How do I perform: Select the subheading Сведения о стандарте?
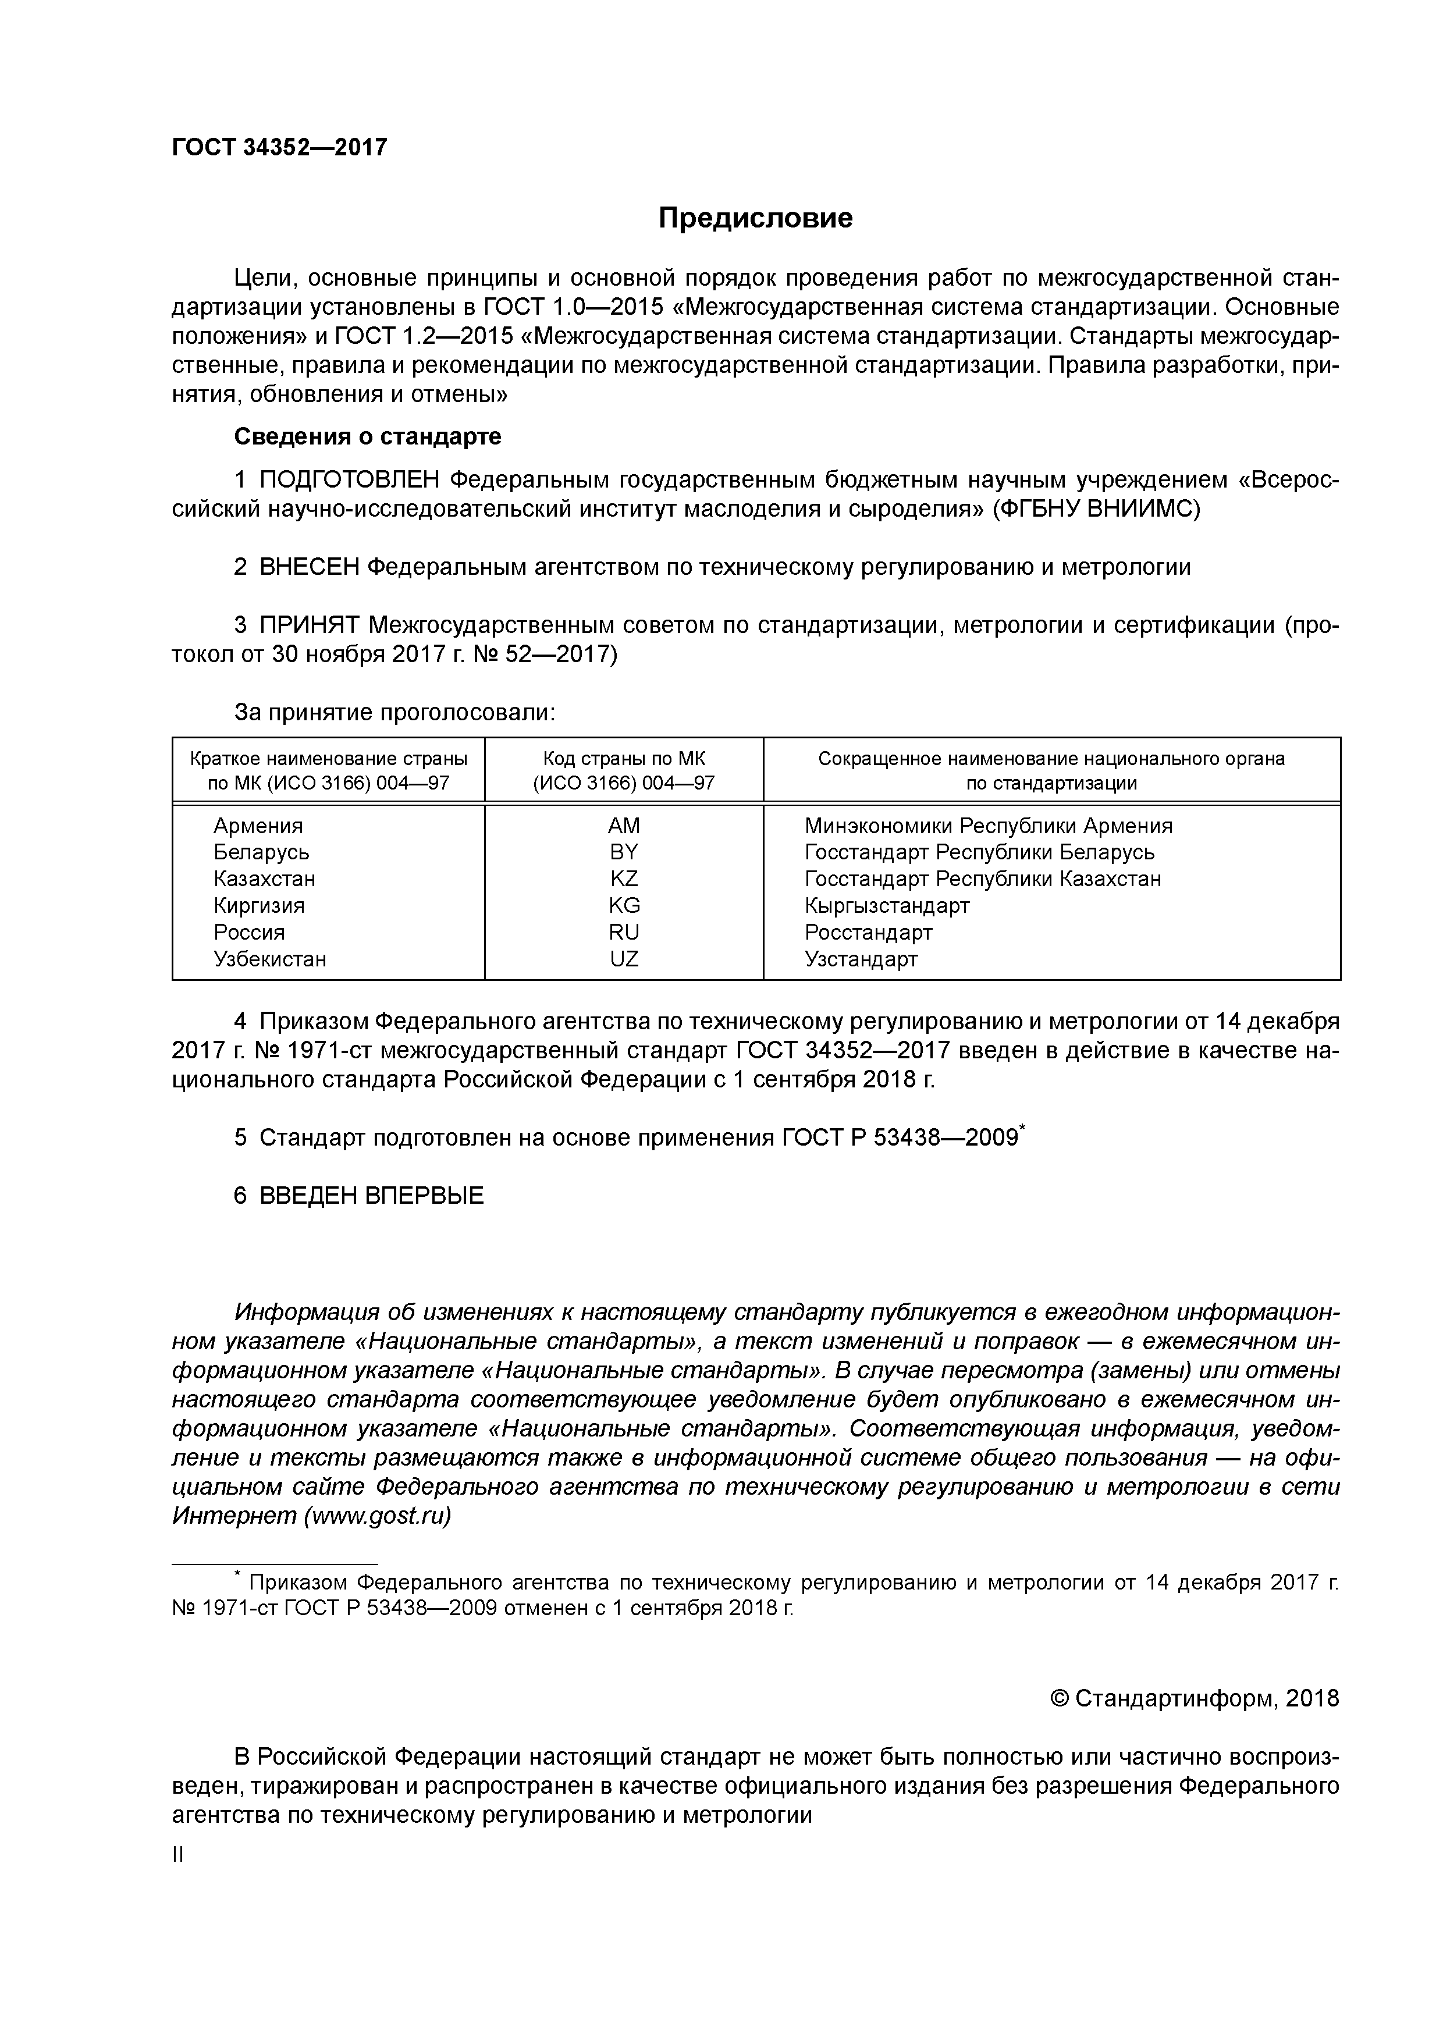pyautogui.click(x=367, y=436)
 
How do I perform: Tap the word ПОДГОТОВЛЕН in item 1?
pyautogui.click(x=350, y=480)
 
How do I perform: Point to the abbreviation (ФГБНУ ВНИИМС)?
pyautogui.click(x=1096, y=509)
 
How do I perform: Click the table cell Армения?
pyautogui.click(x=258, y=826)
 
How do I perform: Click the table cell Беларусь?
pyautogui.click(x=261, y=852)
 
